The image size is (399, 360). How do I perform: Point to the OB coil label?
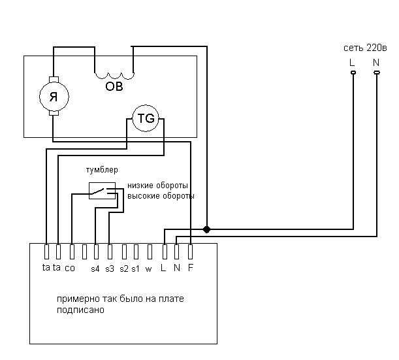pyautogui.click(x=114, y=86)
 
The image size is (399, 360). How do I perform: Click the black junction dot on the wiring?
pyautogui.click(x=206, y=229)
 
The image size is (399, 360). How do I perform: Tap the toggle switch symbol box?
pyautogui.click(x=102, y=191)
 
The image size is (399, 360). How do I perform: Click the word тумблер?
pyautogui.click(x=102, y=170)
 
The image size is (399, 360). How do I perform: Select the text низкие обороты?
pyautogui.click(x=157, y=186)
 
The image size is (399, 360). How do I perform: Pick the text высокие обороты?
pyautogui.click(x=161, y=196)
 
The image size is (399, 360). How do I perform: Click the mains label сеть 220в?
pyautogui.click(x=365, y=48)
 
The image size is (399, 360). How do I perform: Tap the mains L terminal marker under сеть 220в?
pyautogui.click(x=353, y=73)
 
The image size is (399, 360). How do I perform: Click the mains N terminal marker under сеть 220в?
pyautogui.click(x=377, y=73)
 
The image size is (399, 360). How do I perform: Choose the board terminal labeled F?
pyautogui.click(x=190, y=252)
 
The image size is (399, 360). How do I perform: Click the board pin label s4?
pyautogui.click(x=95, y=269)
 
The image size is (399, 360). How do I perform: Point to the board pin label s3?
pyautogui.click(x=110, y=269)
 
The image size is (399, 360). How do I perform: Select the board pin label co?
pyautogui.click(x=70, y=269)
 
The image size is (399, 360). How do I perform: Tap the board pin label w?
pyautogui.click(x=149, y=269)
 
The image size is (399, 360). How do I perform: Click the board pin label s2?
pyautogui.click(x=124, y=269)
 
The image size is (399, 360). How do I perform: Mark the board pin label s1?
pyautogui.click(x=135, y=269)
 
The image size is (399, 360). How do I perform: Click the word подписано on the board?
pyautogui.click(x=80, y=310)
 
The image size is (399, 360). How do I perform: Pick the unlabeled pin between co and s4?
pyautogui.click(x=84, y=252)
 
